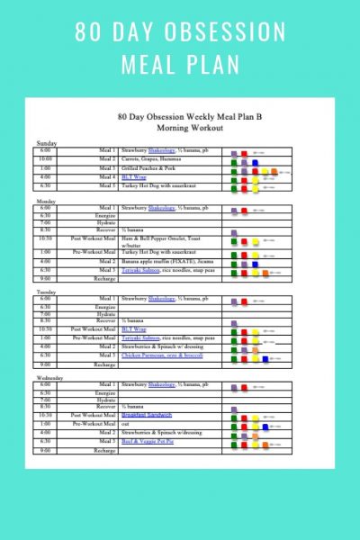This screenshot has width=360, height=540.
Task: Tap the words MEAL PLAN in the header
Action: coord(180,67)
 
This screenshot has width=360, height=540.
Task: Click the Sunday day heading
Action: coord(45,143)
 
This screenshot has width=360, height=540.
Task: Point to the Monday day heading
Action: coord(46,201)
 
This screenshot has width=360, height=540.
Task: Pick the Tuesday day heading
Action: coord(47,291)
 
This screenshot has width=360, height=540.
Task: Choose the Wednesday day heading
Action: coord(50,378)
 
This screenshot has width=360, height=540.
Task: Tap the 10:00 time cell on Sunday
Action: coord(45,159)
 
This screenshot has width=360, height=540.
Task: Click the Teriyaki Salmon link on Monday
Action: coord(141,270)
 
